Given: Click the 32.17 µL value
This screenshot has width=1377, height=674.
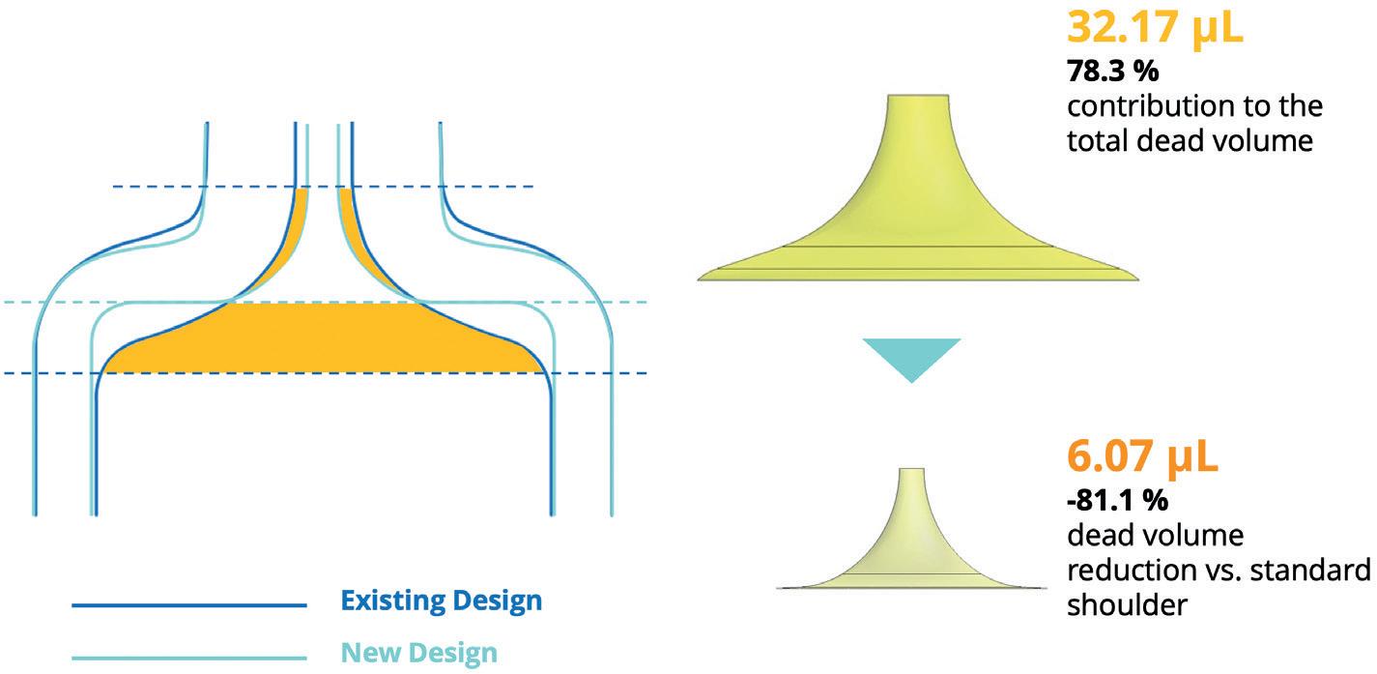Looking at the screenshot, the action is point(1154,26).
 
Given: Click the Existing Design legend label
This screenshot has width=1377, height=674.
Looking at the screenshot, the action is point(441,601).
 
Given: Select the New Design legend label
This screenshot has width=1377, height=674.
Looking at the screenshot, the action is point(418,652).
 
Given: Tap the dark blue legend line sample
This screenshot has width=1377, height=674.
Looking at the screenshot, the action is point(188,606).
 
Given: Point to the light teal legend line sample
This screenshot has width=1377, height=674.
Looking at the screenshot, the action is point(188,659).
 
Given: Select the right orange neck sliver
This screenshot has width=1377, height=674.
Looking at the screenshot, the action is point(355,232).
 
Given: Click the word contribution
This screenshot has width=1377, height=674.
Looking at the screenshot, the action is point(1143,105).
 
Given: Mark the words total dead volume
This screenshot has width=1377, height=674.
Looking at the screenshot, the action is point(1190,140).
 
